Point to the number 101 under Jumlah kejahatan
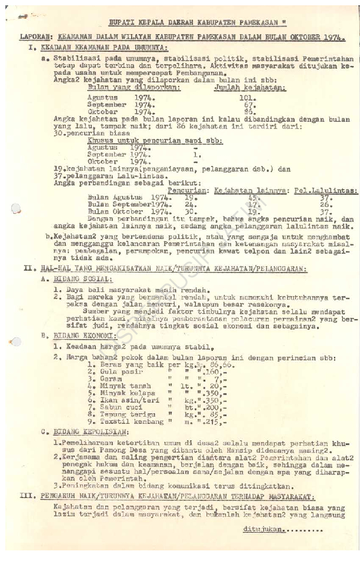click(248, 98)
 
